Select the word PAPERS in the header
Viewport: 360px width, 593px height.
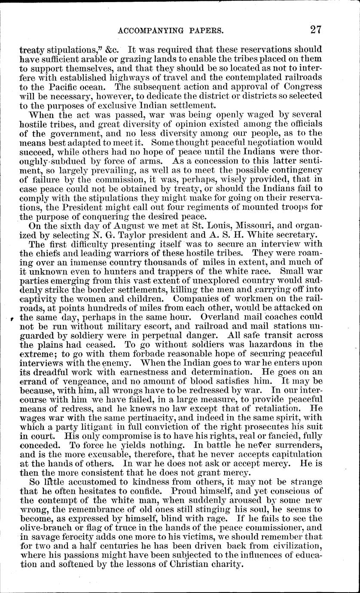[x=204, y=30]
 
